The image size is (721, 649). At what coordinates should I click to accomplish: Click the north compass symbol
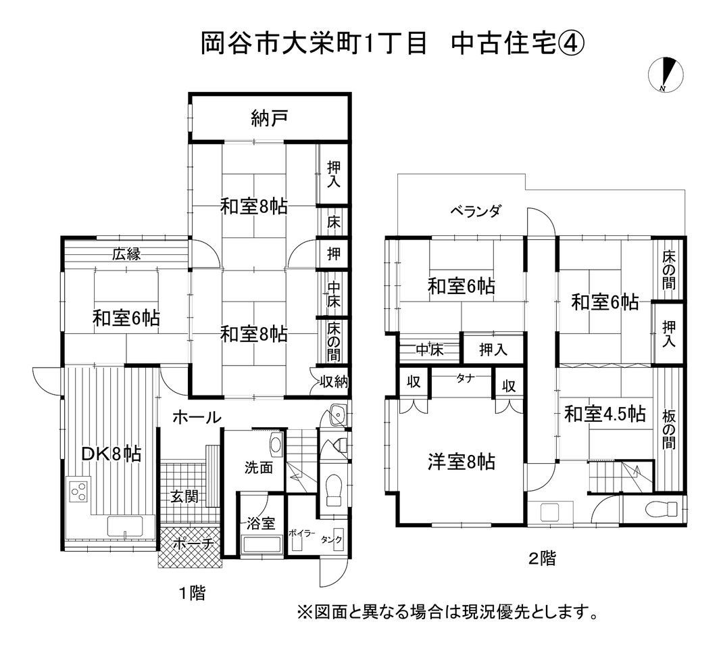pos(666,74)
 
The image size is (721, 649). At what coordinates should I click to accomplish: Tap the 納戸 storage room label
pos(269,119)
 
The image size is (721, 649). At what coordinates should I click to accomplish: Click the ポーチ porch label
pos(191,543)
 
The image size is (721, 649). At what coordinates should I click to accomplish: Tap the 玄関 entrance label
pos(184,498)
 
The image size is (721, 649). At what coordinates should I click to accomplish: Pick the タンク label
pos(332,539)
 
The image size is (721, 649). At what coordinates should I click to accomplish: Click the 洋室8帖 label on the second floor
pos(462,462)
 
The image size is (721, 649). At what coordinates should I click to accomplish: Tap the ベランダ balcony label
pos(476,212)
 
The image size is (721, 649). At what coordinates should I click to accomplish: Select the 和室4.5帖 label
pos(605,413)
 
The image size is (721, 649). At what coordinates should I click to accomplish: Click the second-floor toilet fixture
pos(660,508)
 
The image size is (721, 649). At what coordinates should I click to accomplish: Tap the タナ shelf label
pos(464,378)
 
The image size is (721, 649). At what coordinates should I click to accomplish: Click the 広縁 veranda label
pos(126,254)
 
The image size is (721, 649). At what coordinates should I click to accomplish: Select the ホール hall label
pos(197,418)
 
